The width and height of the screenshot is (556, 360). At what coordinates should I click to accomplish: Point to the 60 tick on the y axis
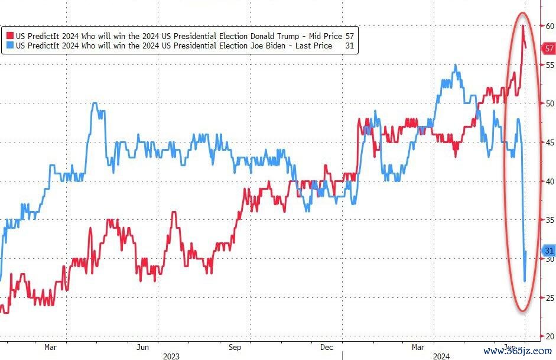(x=550, y=26)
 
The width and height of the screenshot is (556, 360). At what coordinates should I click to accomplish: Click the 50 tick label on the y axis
(x=550, y=103)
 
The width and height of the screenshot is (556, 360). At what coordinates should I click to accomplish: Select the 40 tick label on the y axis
(x=550, y=181)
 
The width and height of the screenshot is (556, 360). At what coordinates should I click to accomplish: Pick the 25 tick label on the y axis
(x=550, y=298)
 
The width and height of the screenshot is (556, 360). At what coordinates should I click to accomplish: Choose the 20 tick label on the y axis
(x=550, y=336)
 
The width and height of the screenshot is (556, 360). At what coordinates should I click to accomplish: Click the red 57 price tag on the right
(x=549, y=48)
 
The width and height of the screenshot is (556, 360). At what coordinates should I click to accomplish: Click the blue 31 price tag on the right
(x=549, y=250)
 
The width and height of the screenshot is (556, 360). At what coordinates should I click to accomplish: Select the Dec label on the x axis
(x=327, y=347)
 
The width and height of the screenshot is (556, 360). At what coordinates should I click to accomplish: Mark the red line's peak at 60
(x=524, y=26)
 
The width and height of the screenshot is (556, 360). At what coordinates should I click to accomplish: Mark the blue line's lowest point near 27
(x=525, y=281)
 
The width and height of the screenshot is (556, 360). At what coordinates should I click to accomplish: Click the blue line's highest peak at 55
(x=455, y=65)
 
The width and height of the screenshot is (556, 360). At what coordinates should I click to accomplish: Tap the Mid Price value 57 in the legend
(x=349, y=35)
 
